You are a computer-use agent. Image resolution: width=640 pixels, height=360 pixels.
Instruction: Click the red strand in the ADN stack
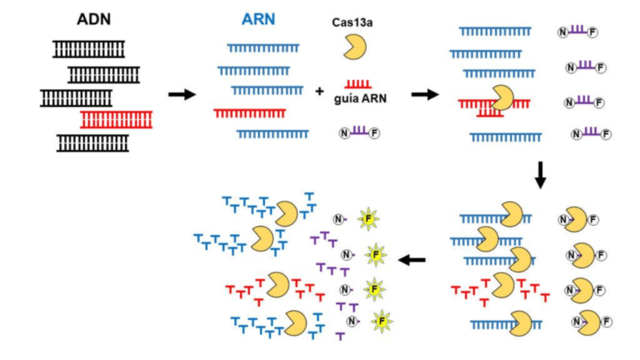(x=117, y=121)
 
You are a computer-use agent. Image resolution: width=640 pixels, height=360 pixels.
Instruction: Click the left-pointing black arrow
(x=412, y=261)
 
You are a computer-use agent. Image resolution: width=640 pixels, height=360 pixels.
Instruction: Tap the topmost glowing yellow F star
(x=376, y=220)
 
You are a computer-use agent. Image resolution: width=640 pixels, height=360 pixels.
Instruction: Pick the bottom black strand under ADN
(x=95, y=143)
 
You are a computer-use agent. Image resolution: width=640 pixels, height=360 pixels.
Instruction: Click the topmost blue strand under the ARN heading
(x=265, y=48)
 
